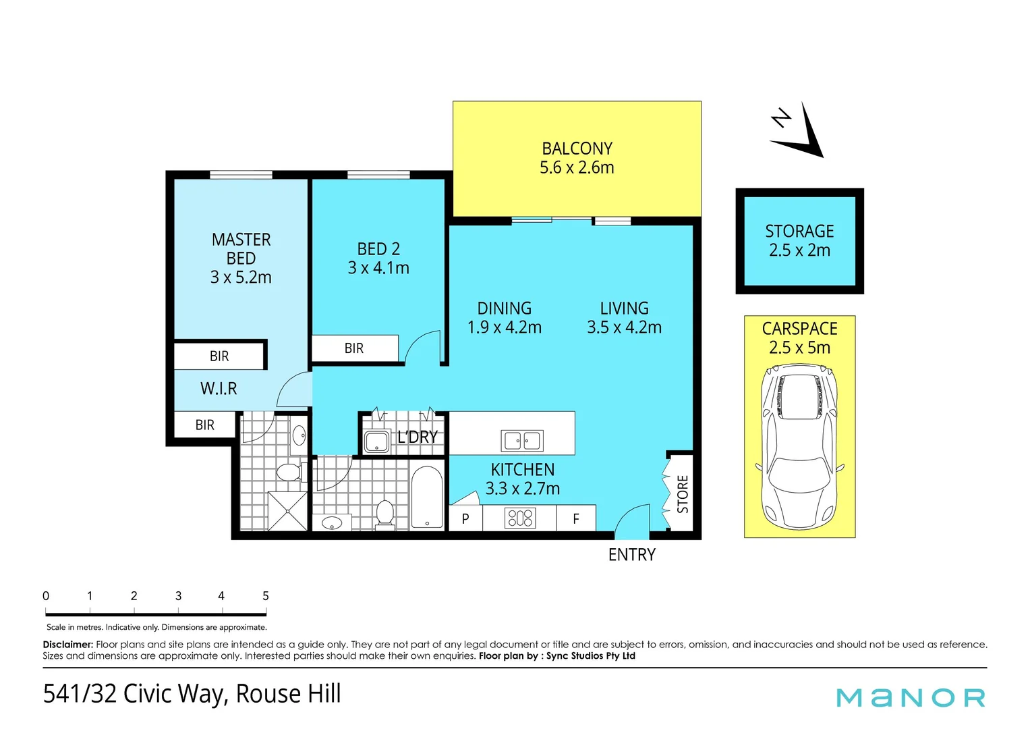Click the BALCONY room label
577,148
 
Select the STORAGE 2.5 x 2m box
799,241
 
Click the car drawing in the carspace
799,446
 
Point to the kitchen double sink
522,441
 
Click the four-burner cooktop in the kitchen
519,518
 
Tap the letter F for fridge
576,519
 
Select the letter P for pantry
465,519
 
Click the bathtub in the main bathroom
427,497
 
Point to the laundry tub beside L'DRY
376,442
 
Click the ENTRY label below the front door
631,555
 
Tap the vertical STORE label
683,494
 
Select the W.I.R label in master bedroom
219,389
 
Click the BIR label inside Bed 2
354,348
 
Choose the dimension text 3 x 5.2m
241,277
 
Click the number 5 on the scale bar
265,596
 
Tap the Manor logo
911,697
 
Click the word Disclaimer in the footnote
67,645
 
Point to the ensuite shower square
288,511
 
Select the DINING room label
505,308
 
